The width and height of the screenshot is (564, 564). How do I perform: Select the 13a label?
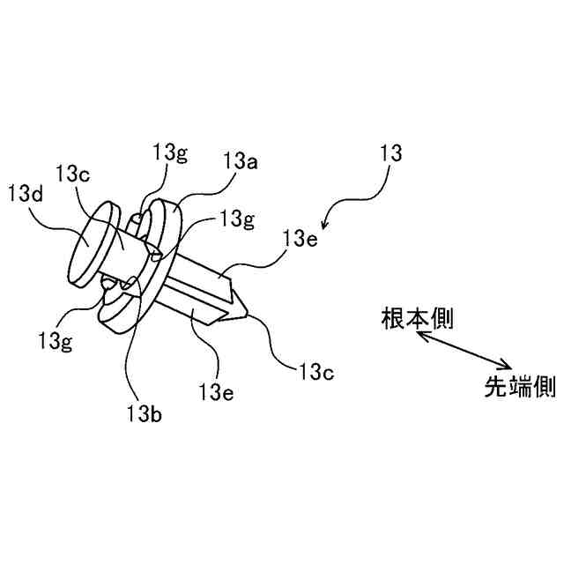tap(241, 161)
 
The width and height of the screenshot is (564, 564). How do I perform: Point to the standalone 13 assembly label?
tap(390, 152)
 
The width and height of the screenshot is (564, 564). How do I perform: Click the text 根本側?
tap(417, 318)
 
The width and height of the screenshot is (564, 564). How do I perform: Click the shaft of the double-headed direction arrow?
tap(463, 350)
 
